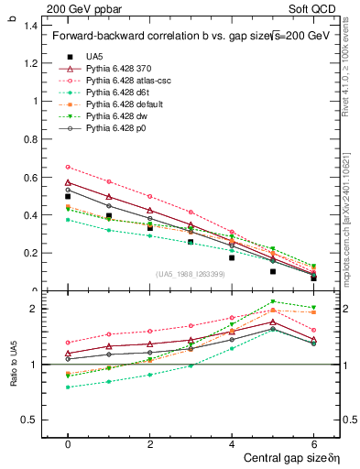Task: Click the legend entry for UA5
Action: point(93,57)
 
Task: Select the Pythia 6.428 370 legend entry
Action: point(119,69)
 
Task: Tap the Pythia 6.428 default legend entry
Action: point(125,104)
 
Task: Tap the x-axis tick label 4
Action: point(232,443)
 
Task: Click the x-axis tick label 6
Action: point(314,443)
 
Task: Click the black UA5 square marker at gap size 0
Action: point(68,196)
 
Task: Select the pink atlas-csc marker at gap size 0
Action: point(68,167)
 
